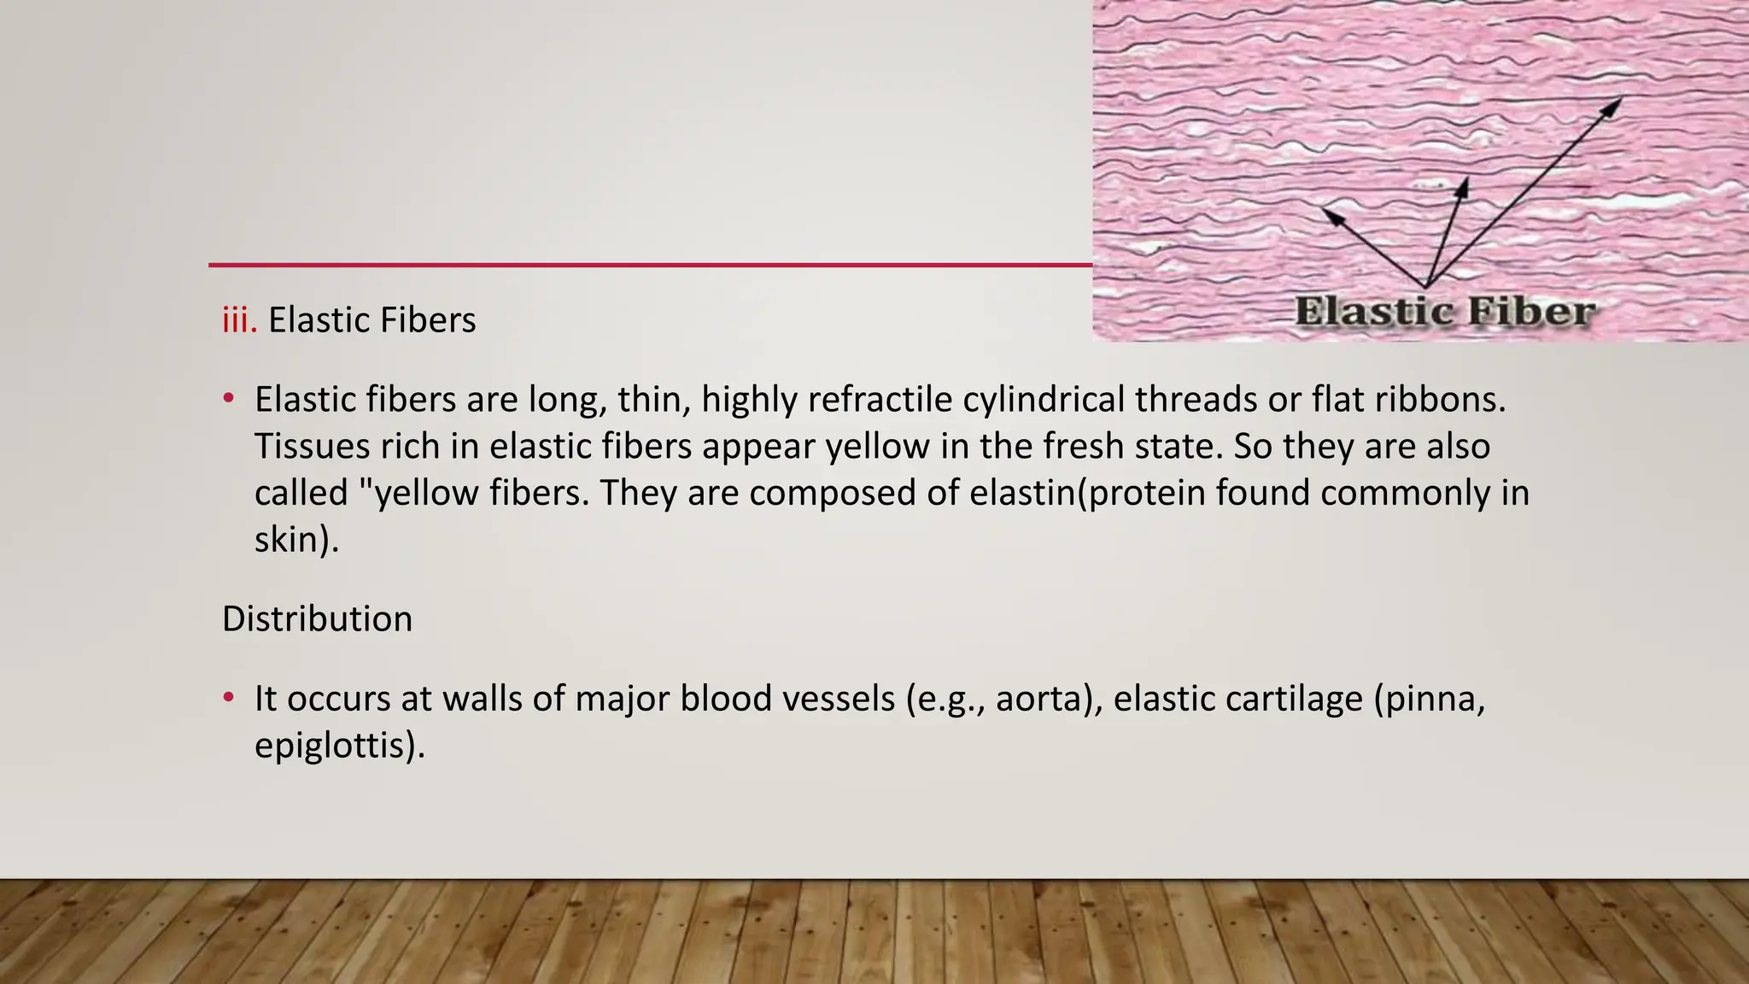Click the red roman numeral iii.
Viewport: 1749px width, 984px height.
pyautogui.click(x=238, y=320)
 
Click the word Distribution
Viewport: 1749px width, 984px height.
pyautogui.click(x=317, y=619)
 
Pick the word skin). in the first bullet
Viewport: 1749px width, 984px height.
pyautogui.click(x=296, y=540)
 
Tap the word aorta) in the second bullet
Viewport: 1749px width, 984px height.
pyautogui.click(x=1049, y=699)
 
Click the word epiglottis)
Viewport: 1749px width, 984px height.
pyautogui.click(x=340, y=746)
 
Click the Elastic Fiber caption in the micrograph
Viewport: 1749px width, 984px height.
pyautogui.click(x=1445, y=312)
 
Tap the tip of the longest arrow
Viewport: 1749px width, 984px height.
pyautogui.click(x=1620, y=99)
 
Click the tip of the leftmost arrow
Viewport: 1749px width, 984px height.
pyautogui.click(x=1324, y=208)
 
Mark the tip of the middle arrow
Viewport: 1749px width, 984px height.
pyautogui.click(x=1465, y=179)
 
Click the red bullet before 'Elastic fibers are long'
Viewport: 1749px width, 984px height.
pyautogui.click(x=228, y=399)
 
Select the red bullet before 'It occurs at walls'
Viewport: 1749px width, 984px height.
pyautogui.click(x=228, y=698)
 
